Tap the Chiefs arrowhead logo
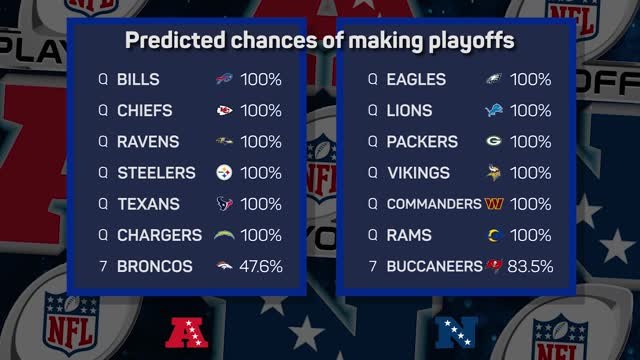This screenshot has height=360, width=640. [x=225, y=110]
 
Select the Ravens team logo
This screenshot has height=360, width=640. [x=225, y=142]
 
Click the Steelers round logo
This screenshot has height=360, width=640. [x=225, y=173]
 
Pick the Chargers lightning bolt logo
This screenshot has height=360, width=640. [x=228, y=236]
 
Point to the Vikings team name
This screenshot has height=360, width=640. [x=419, y=173]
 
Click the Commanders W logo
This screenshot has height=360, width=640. [x=494, y=204]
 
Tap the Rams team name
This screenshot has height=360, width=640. [x=409, y=236]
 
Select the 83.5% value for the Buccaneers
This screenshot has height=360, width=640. [x=533, y=267]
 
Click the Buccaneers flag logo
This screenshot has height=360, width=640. [x=493, y=267]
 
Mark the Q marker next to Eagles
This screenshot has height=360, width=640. [x=372, y=79]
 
